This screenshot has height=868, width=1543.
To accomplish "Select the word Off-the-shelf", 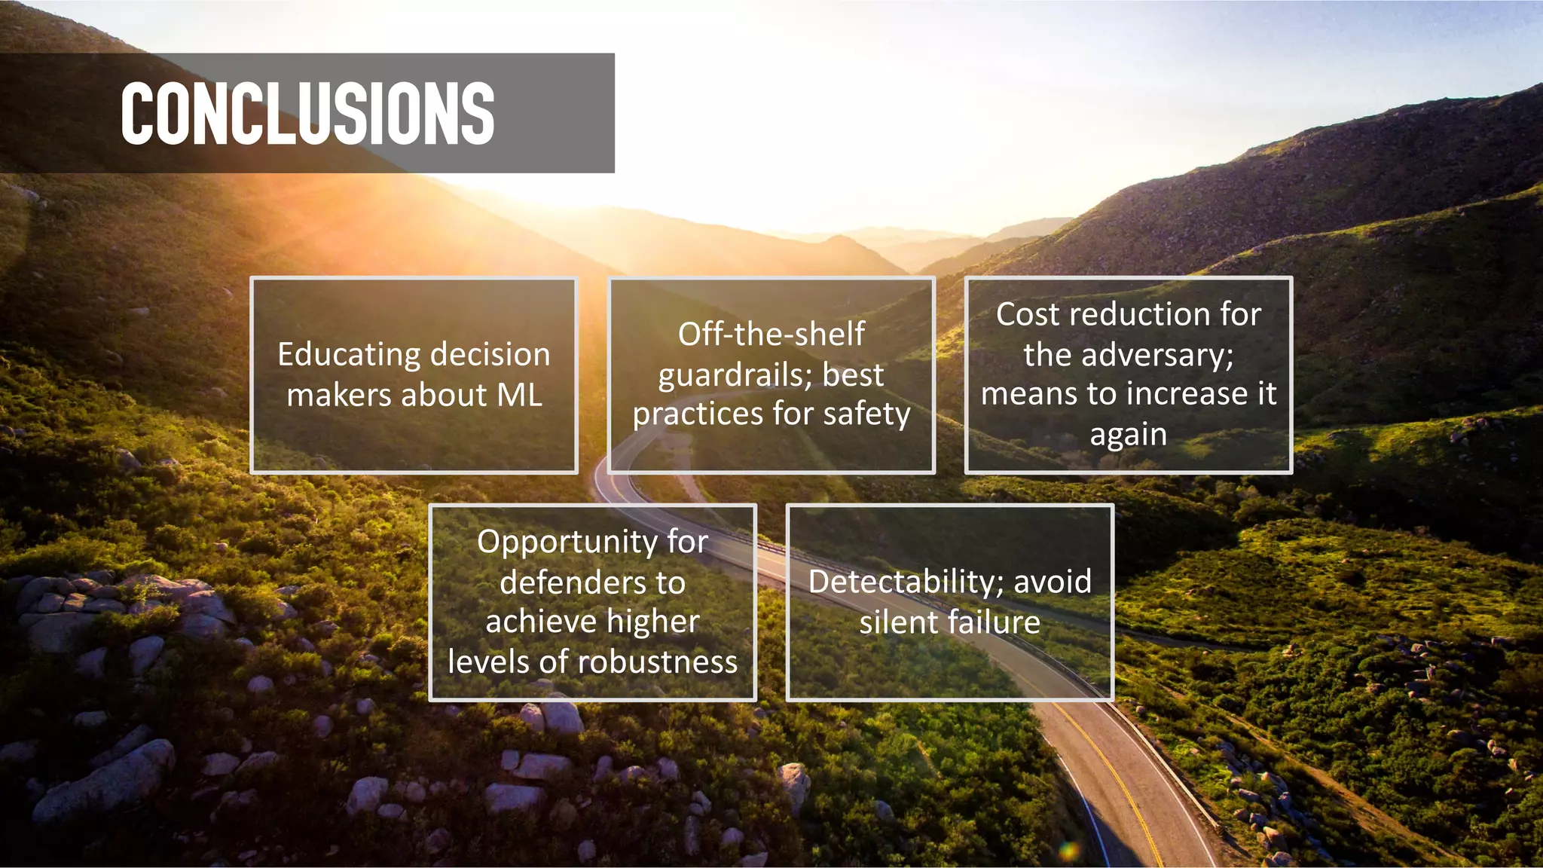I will [771, 334].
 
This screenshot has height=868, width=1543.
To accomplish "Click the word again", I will [1128, 435].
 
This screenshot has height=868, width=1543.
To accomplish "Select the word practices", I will [698, 414].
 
